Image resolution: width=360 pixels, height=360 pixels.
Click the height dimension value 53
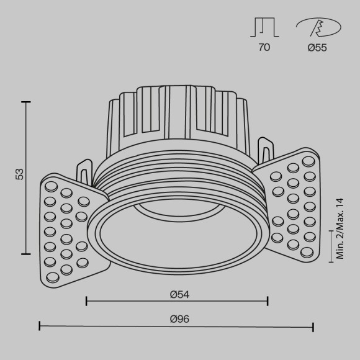click(x=19, y=174)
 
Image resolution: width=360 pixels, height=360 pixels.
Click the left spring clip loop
click(x=84, y=170)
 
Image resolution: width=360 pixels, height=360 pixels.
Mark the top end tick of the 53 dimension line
click(x=26, y=101)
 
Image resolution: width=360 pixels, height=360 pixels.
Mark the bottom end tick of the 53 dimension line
click(x=26, y=253)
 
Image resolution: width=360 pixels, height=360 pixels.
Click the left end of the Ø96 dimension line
click(x=40, y=326)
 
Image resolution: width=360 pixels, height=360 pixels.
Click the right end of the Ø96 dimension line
click(x=313, y=326)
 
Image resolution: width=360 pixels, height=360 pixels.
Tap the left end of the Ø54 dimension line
click(x=86, y=302)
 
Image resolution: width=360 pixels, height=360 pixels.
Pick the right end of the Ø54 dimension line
click(x=268, y=302)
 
